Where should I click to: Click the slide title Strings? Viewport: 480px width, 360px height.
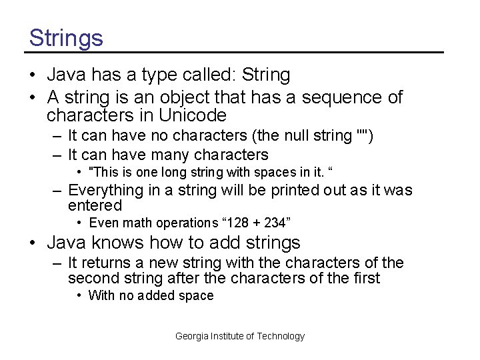[66, 37]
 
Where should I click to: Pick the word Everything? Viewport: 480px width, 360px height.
[106, 191]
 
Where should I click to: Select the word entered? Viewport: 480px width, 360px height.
[95, 205]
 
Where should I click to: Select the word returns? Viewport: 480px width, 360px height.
[107, 263]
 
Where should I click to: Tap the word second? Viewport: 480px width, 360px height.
[93, 278]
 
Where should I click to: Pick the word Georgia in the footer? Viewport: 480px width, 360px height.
[191, 336]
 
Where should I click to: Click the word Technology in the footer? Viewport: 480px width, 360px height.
[279, 336]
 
